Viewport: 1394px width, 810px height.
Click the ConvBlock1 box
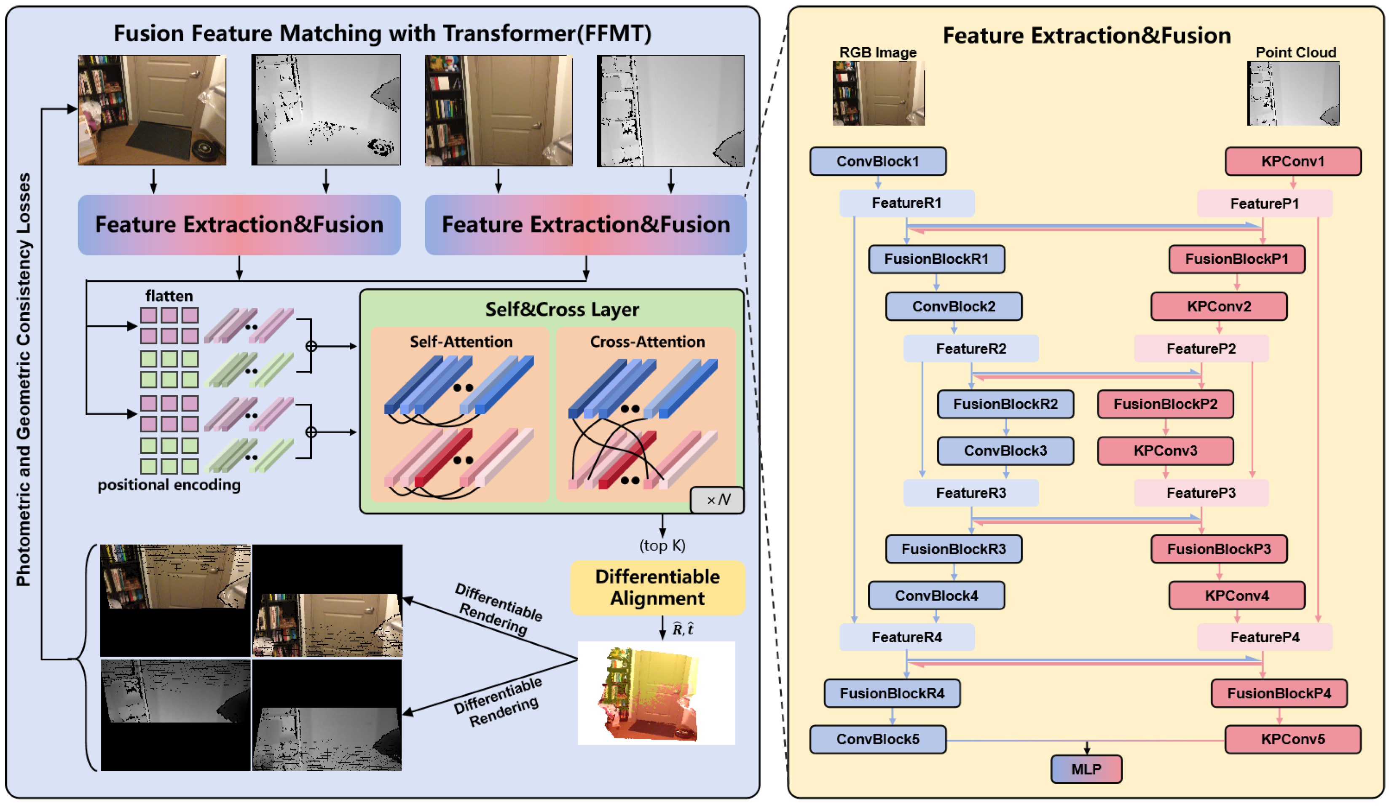(x=877, y=161)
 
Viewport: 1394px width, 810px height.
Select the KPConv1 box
(x=1293, y=161)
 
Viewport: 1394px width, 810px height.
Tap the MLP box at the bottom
(x=1086, y=769)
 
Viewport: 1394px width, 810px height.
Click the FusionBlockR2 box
(x=1005, y=404)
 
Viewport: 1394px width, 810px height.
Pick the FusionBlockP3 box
(x=1219, y=549)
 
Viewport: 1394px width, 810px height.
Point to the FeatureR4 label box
(x=907, y=637)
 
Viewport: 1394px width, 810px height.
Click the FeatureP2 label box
(x=1201, y=349)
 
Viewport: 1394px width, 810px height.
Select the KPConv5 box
(x=1293, y=739)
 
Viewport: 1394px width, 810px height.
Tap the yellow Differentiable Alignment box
(x=657, y=587)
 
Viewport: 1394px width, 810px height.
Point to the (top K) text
(x=662, y=545)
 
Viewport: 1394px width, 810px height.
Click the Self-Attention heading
(x=461, y=342)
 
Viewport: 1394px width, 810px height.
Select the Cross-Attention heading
(x=647, y=342)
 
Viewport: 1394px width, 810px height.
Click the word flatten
(x=169, y=296)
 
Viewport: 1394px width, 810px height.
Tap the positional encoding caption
(x=169, y=485)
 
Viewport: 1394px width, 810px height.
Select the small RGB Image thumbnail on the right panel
(x=878, y=93)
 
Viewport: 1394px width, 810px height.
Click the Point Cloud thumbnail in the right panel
(x=1293, y=93)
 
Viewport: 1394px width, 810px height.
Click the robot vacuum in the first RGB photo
(x=206, y=147)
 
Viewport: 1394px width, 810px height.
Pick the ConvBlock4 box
(x=936, y=596)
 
